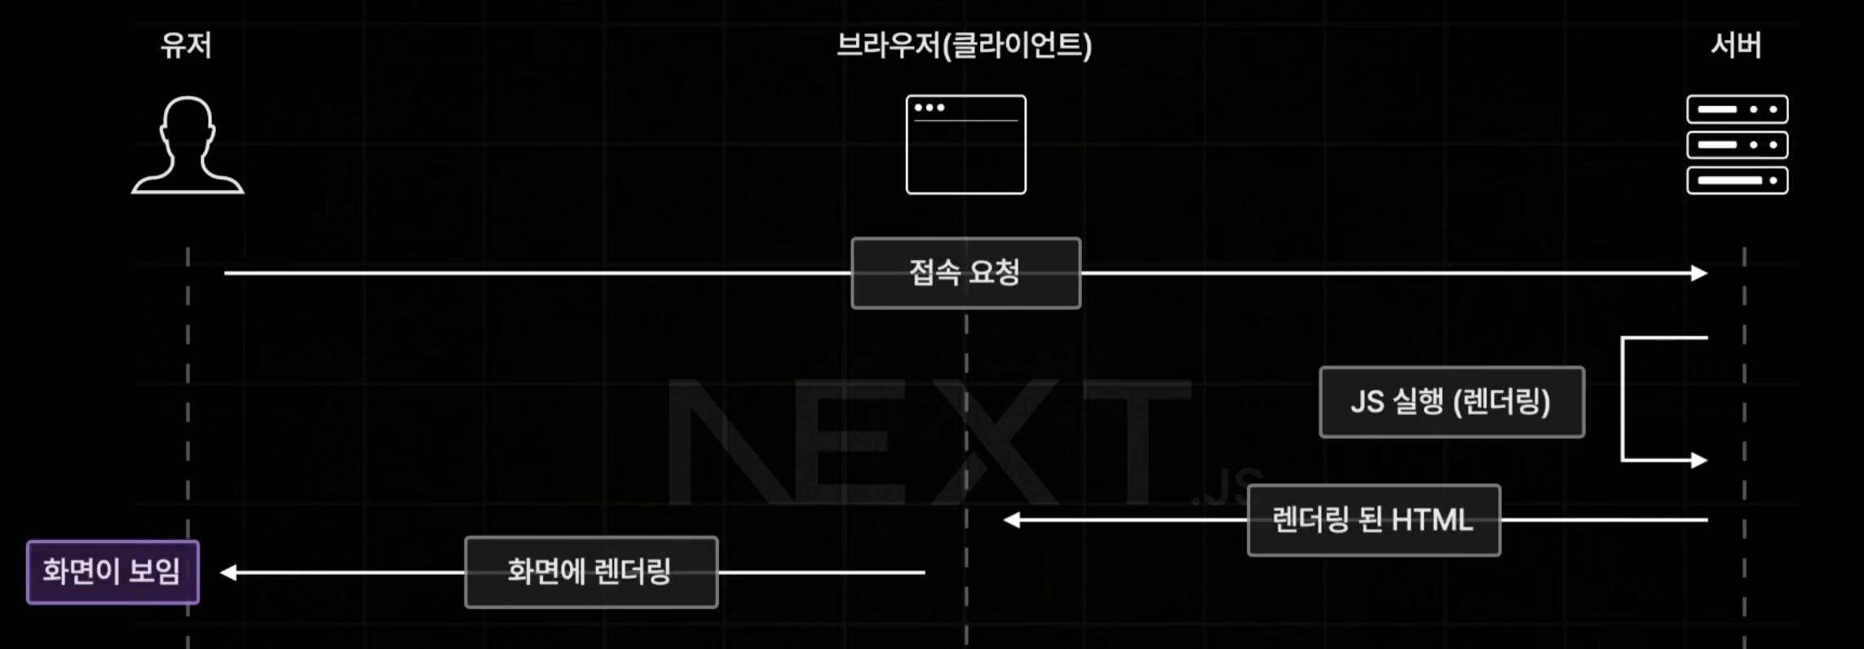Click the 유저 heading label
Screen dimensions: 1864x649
coord(186,45)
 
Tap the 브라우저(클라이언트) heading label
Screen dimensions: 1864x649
coord(964,45)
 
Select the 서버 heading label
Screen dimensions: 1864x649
coord(1736,45)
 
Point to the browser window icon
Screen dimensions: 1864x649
coord(965,145)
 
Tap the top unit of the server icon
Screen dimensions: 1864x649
coord(1737,109)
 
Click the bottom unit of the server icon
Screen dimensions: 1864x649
coord(1737,180)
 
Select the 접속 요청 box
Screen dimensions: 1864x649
coord(965,273)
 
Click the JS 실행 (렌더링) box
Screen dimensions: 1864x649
coord(1451,402)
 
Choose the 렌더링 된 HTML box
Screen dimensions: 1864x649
coord(1373,520)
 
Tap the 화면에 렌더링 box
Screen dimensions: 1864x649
coord(590,572)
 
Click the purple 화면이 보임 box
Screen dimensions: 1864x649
coord(113,572)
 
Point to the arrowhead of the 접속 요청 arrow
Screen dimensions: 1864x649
coord(1699,273)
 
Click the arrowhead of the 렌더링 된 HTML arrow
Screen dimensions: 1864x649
coord(1012,520)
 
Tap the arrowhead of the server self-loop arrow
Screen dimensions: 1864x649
coord(1699,461)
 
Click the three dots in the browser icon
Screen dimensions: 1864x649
coord(930,108)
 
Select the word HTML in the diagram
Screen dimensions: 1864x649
coord(1432,520)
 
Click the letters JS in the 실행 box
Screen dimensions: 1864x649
coord(1367,402)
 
